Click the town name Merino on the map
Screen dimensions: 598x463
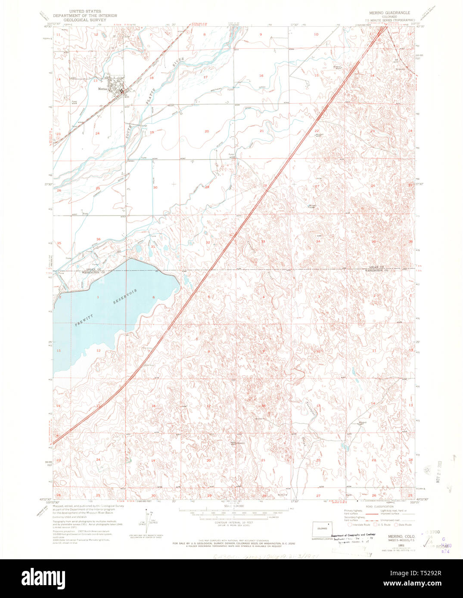click(x=102, y=89)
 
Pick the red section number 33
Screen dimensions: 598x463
click(x=263, y=241)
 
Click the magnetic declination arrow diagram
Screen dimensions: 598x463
click(x=152, y=516)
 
